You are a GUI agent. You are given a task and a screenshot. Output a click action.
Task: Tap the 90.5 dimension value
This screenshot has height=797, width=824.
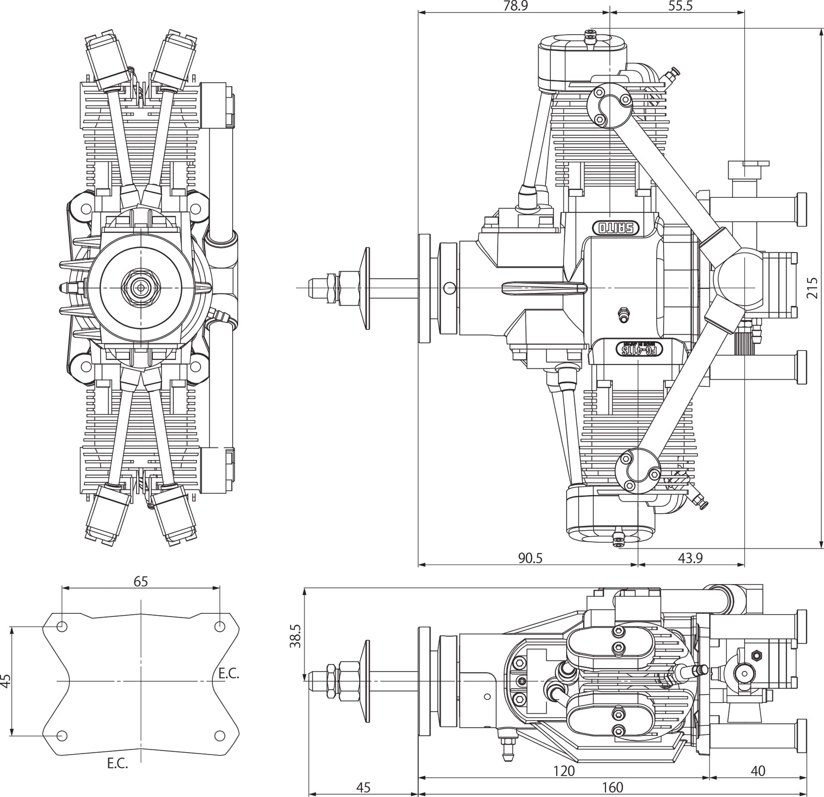[530, 558]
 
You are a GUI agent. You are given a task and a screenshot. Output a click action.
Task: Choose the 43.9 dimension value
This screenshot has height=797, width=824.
[691, 558]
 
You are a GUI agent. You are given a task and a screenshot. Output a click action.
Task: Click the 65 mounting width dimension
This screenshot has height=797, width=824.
[141, 581]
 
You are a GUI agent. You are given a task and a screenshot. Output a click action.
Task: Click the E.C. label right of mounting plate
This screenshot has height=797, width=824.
[229, 673]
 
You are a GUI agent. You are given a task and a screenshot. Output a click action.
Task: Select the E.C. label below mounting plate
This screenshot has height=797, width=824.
[118, 764]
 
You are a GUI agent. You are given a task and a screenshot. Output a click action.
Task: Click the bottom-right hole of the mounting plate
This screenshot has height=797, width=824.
[220, 736]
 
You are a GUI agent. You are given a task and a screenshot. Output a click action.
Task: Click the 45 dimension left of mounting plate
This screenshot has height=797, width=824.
[6, 681]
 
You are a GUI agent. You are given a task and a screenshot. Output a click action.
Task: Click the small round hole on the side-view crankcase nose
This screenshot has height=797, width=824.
[449, 288]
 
